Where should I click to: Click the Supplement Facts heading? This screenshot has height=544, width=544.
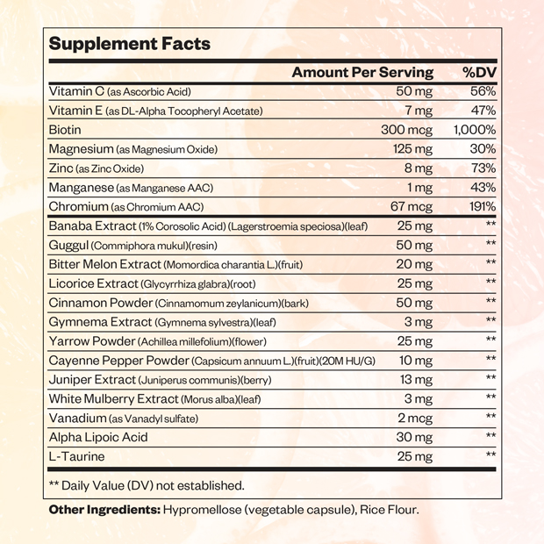[129, 44]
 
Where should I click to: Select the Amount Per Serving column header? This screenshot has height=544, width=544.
[362, 72]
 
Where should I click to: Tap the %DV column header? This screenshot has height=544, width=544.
[479, 72]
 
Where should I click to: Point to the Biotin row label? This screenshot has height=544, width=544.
[67, 130]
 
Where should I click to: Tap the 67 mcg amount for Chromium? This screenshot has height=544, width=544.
[412, 206]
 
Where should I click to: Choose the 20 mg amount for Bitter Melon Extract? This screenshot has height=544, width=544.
[414, 263]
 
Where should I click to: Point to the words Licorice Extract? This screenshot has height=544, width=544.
[93, 283]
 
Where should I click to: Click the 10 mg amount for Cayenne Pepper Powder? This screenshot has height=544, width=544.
[415, 360]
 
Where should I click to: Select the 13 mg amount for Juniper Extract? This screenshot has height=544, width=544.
[415, 379]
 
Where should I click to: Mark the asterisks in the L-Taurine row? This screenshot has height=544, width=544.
[490, 455]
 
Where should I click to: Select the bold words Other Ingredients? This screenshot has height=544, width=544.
[104, 510]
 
